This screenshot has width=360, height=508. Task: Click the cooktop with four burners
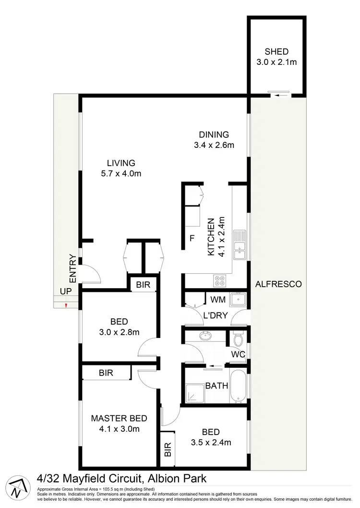pos(220,280)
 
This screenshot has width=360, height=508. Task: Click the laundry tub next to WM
pos(238,300)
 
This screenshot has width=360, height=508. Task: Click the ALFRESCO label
pos(278,284)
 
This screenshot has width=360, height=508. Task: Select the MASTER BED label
pos(119,418)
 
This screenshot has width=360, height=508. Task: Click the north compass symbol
pos(17,488)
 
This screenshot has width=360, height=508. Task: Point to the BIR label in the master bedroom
pos(106,372)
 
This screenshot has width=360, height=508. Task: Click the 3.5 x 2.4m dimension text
pos(211,442)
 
